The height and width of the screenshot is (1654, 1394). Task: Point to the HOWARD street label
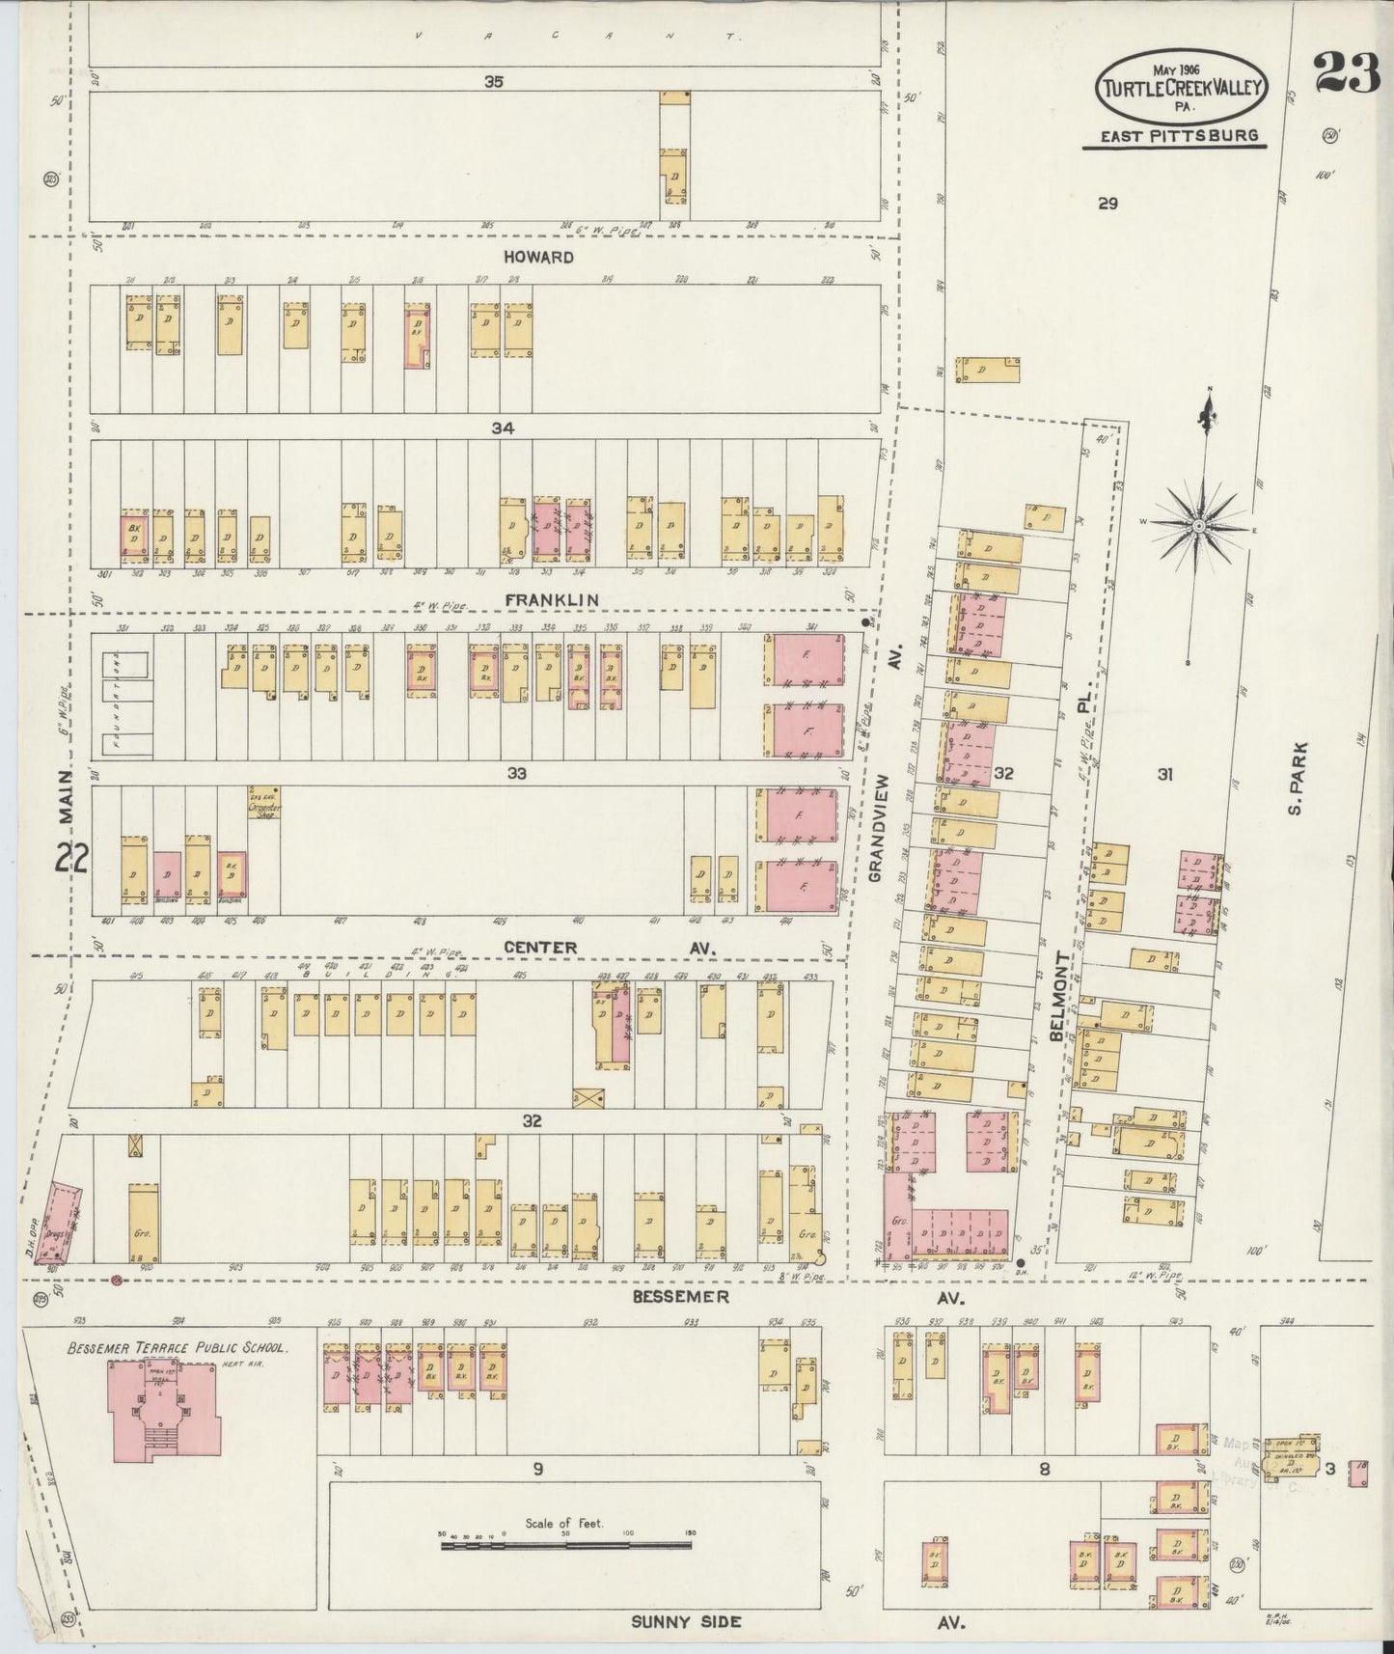coord(537,258)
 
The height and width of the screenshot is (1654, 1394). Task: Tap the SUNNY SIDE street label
coord(686,1621)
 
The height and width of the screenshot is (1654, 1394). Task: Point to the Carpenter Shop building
coord(263,804)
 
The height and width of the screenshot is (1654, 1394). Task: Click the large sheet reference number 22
coord(72,859)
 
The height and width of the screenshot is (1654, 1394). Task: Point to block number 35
coord(494,83)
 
